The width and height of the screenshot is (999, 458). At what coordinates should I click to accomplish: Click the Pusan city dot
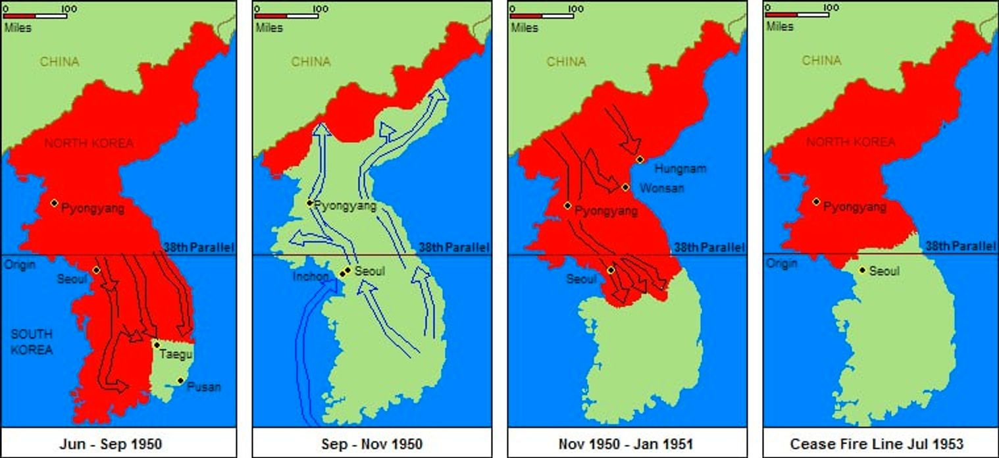[180, 380]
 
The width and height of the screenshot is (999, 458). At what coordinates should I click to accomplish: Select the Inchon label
[310, 277]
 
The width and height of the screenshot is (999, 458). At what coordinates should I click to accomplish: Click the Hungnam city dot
[639, 159]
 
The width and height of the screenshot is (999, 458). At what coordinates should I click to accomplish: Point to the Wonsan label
[662, 188]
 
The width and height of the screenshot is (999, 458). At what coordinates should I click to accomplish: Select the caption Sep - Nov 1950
[372, 444]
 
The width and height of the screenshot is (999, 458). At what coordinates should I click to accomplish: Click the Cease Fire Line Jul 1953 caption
[881, 444]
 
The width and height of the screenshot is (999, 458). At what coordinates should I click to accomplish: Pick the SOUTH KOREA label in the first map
[32, 342]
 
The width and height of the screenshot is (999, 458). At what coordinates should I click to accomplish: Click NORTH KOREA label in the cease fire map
[850, 142]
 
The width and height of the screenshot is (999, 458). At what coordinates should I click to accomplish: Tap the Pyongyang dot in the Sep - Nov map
[309, 203]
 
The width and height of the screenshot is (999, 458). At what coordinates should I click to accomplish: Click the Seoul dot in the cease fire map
[862, 270]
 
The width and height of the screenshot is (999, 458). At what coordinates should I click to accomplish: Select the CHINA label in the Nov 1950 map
[566, 62]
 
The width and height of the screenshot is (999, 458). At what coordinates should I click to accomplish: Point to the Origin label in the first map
[19, 265]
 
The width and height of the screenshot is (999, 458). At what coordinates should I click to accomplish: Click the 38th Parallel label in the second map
[454, 248]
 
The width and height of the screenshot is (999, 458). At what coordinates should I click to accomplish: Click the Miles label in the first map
[17, 28]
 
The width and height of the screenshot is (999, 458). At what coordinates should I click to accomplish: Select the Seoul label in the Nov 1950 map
[582, 280]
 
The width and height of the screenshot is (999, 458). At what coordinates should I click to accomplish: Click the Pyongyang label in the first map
[92, 209]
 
